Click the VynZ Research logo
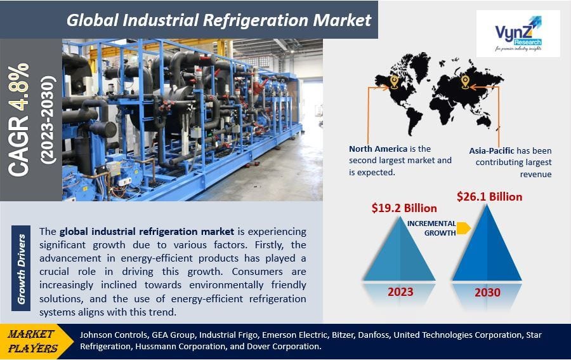click(x=518, y=33)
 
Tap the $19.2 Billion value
click(x=404, y=208)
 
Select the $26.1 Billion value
click(x=489, y=197)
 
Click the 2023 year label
click(x=400, y=292)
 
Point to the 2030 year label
click(x=487, y=293)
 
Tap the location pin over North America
click(x=393, y=81)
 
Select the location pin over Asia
click(x=464, y=81)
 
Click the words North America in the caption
click(x=377, y=149)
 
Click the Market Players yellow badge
click(x=33, y=340)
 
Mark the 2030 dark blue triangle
click(x=487, y=244)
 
